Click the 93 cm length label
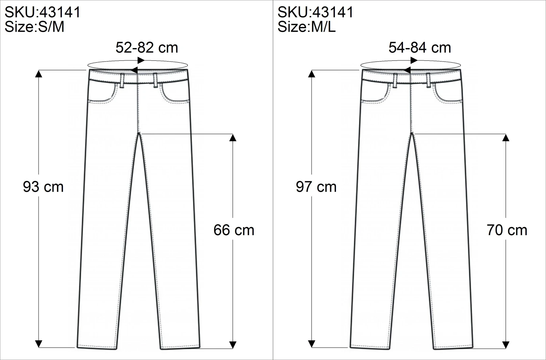[x=43, y=187]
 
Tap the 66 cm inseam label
[x=234, y=230]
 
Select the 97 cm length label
[x=316, y=187]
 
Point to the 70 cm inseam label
[x=507, y=230]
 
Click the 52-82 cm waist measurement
[x=147, y=48]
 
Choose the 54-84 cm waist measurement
[x=420, y=48]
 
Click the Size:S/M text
[x=35, y=27]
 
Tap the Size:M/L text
[x=306, y=27]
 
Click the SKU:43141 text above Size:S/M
[x=42, y=12]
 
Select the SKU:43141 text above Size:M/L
[x=315, y=12]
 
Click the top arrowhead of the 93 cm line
[x=39, y=74]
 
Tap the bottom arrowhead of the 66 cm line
[x=233, y=344]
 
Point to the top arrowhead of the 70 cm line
[x=506, y=138]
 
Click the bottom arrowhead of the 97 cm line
[x=312, y=344]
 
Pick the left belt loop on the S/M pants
[x=122, y=80]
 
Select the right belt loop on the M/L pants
[x=428, y=80]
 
